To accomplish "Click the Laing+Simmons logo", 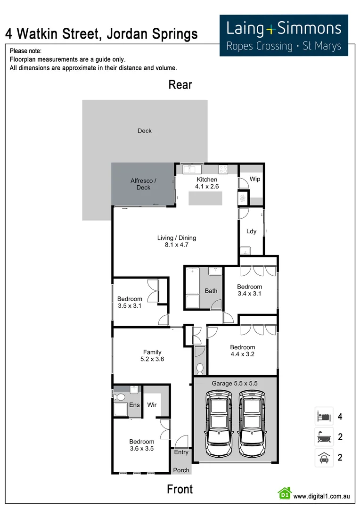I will (x=284, y=35).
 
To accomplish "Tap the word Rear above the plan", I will (x=180, y=85).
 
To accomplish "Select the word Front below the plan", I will (x=180, y=489).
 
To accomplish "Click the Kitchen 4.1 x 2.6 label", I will (x=207, y=183).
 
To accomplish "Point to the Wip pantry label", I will (x=255, y=179).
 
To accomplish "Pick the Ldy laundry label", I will (x=252, y=231).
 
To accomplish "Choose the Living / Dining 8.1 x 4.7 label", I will (x=177, y=241).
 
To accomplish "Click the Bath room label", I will (x=211, y=291).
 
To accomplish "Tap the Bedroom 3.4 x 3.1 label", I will (x=249, y=290).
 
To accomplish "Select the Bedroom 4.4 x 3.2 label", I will (x=243, y=351).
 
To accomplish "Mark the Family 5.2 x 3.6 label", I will (x=152, y=355).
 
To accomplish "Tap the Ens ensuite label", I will (x=134, y=405).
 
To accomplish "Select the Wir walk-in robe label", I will (x=152, y=405).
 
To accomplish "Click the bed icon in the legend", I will (x=324, y=416).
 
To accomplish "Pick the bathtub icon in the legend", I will (x=324, y=437).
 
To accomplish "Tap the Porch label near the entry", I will (x=181, y=470).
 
